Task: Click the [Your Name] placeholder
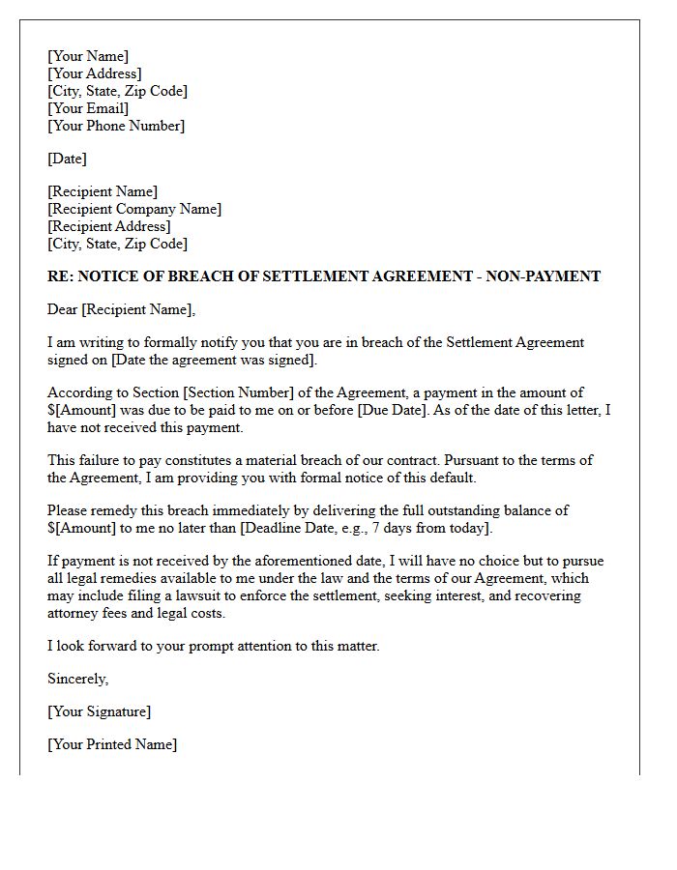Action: click(x=88, y=56)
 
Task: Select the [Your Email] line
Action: click(x=88, y=108)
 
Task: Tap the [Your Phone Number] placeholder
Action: click(x=116, y=126)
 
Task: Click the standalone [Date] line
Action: click(x=67, y=159)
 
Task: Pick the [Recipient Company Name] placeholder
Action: click(x=134, y=209)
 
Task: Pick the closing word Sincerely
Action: click(x=78, y=679)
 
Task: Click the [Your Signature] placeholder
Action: click(x=99, y=711)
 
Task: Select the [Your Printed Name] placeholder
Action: click(x=112, y=744)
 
